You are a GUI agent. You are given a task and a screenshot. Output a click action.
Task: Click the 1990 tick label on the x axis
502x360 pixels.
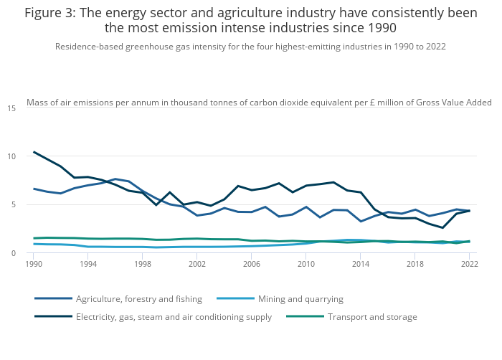click(x=33, y=264)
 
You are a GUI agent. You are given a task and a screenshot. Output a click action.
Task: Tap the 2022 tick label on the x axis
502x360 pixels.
click(x=469, y=264)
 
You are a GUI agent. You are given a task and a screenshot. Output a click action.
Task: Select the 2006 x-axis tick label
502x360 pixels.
click(x=251, y=264)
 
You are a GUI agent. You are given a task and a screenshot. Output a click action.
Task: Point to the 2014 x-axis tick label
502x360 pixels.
click(x=360, y=264)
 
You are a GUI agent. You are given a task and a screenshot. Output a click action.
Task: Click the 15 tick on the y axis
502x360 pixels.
click(x=11, y=108)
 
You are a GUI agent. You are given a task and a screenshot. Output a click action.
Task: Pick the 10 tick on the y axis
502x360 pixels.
click(x=11, y=156)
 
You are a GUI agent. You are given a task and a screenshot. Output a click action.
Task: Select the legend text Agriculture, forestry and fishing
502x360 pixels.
click(x=139, y=298)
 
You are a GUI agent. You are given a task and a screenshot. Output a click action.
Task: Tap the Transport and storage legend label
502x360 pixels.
click(x=372, y=316)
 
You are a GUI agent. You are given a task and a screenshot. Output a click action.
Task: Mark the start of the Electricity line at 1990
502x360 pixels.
click(x=34, y=152)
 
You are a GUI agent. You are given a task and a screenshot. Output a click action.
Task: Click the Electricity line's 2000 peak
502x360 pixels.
click(x=169, y=192)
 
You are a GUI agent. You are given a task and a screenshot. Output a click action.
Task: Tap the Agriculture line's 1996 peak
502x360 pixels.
click(x=115, y=179)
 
